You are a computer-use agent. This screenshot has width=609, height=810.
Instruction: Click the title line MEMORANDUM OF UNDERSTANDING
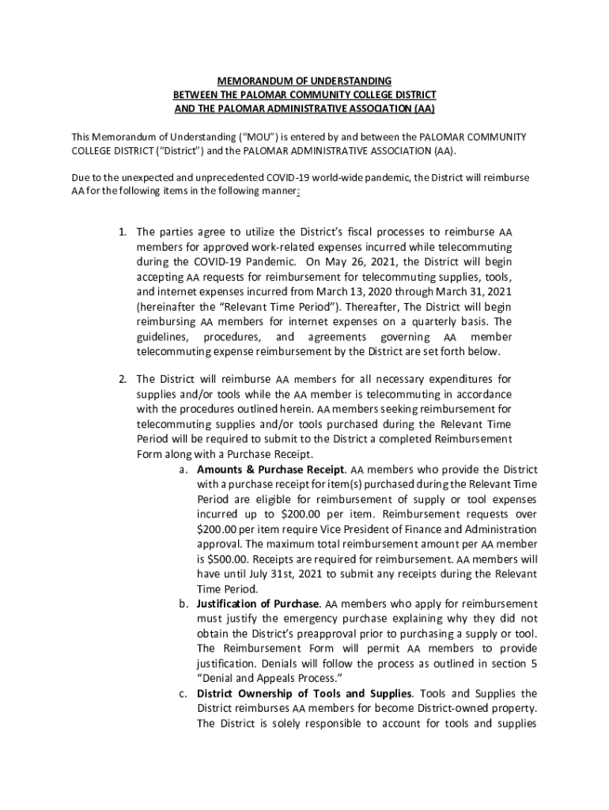pyautogui.click(x=304, y=81)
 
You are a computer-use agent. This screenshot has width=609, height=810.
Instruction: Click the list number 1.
pyautogui.click(x=123, y=232)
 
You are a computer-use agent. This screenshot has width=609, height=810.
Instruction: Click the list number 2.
pyautogui.click(x=123, y=379)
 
